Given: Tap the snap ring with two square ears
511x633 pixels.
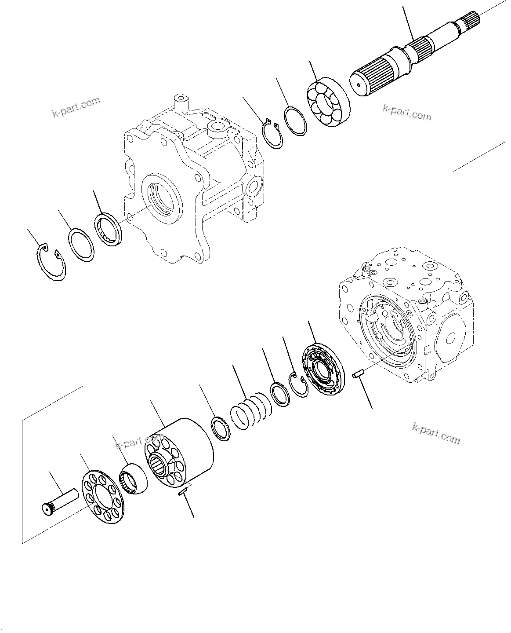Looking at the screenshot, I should coord(273,136).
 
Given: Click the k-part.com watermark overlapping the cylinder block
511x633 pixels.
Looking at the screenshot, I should coord(140,442).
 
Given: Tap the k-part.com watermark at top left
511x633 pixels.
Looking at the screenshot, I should coord(76,108).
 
